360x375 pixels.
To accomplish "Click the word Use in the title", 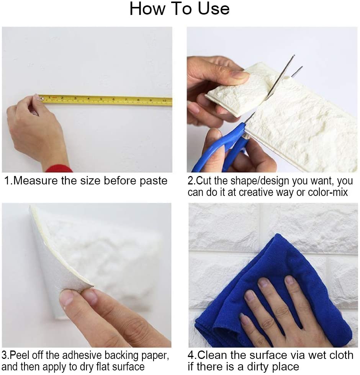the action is click(x=214, y=9).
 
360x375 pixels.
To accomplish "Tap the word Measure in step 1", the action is click(x=36, y=181).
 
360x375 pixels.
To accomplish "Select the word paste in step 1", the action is click(x=154, y=181).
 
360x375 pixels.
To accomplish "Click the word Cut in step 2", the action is click(x=204, y=181).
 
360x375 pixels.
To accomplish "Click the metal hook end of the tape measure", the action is click(x=42, y=98).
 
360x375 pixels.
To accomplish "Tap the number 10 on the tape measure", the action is click(x=164, y=101).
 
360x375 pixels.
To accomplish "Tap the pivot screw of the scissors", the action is click(x=245, y=137).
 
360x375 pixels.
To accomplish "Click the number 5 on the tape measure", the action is click(x=101, y=99).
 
